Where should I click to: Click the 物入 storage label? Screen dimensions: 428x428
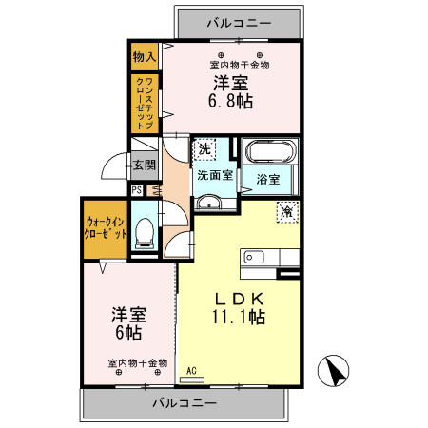(146, 55)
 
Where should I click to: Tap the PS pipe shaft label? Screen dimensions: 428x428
(137, 189)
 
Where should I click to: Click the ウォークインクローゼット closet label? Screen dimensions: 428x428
(103, 227)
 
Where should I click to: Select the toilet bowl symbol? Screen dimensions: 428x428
(146, 233)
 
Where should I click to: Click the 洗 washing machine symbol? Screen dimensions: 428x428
(205, 149)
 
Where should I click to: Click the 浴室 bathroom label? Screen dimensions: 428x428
(268, 179)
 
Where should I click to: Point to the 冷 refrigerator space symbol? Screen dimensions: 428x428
(285, 212)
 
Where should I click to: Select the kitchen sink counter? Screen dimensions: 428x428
(271, 257)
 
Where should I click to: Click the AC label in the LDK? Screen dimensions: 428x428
(191, 370)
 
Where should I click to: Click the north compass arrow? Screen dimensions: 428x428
(335, 371)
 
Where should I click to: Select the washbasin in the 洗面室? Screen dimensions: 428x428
(208, 202)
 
